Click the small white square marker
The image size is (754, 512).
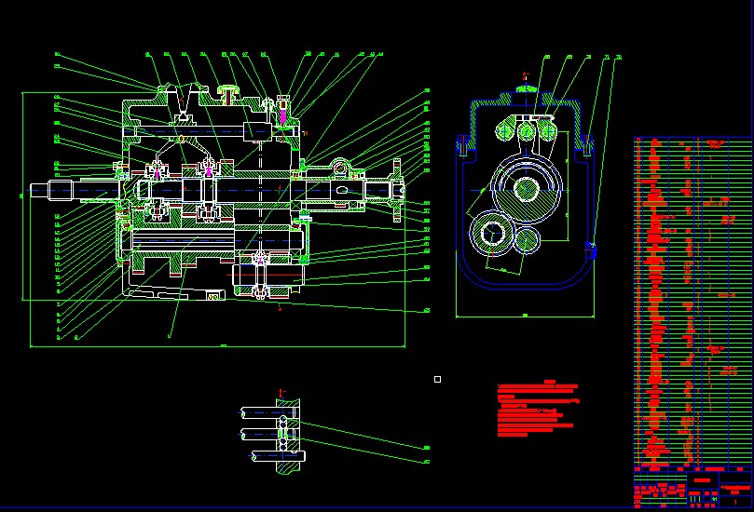point(437,379)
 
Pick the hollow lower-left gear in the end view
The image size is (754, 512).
point(489,234)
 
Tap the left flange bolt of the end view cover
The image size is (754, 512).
point(462,144)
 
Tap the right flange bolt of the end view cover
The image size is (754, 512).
point(589,144)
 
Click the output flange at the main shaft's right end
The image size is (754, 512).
point(397,191)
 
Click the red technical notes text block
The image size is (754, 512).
point(539,410)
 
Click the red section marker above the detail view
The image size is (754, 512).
point(280,391)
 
